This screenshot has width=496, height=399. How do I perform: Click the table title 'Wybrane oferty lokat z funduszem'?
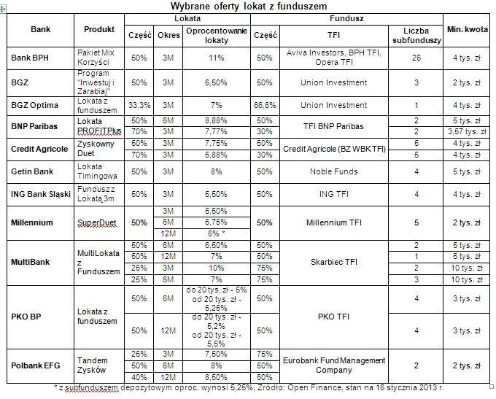pyautogui.click(x=248, y=6)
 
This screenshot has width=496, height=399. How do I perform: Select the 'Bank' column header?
pyautogui.click(x=41, y=29)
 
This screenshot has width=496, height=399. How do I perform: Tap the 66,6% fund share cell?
pyautogui.click(x=266, y=106)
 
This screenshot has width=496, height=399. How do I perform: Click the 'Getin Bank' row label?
pyautogui.click(x=30, y=172)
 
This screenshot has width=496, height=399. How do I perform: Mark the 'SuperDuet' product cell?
pyautogui.click(x=97, y=222)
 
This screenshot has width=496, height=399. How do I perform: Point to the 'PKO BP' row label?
pyautogui.click(x=26, y=317)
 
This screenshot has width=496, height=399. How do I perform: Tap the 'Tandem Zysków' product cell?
pyautogui.click(x=97, y=365)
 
